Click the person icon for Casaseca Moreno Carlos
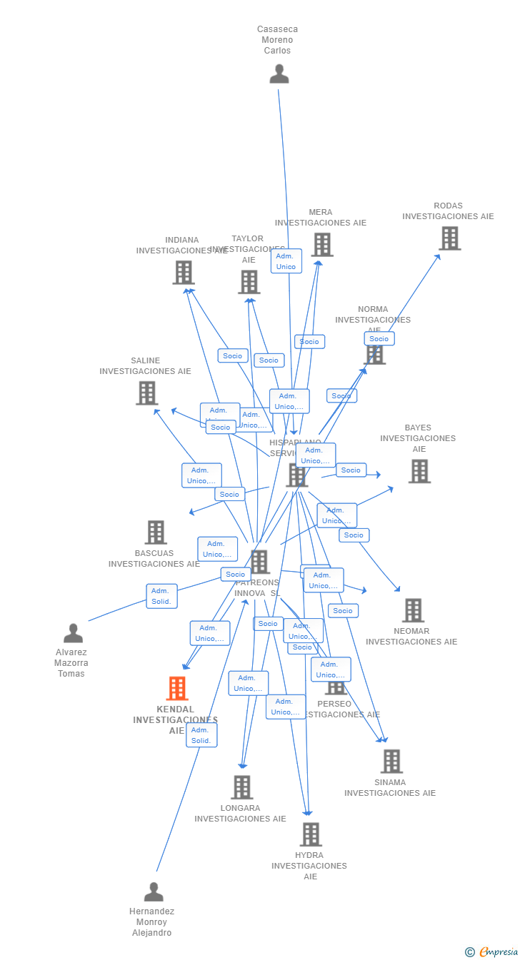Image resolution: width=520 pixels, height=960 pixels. [279, 74]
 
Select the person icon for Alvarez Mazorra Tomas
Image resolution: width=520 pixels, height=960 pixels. [73, 633]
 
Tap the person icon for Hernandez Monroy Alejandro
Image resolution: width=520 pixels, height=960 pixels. [154, 892]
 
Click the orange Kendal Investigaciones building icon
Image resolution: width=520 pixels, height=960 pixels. [177, 689]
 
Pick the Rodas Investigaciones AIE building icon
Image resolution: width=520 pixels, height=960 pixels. [449, 238]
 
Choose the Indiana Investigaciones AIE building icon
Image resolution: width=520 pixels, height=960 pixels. [184, 273]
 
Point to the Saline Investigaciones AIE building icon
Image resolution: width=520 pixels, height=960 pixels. [147, 393]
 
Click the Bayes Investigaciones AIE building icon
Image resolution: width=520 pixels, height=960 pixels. [419, 471]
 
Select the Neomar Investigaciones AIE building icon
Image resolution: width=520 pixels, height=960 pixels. [413, 610]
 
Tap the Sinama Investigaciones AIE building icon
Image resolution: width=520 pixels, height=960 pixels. [391, 762]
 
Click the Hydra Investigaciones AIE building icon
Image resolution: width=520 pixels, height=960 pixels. [311, 834]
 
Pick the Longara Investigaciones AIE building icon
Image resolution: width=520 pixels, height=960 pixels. [242, 787]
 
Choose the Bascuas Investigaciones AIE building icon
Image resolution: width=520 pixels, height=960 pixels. [156, 532]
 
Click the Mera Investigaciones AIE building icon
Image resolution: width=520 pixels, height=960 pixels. [322, 245]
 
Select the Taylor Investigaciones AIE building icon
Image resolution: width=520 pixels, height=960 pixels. [249, 282]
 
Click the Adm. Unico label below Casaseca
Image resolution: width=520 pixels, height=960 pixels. [286, 261]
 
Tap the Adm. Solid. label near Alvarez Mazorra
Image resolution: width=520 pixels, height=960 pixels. [161, 596]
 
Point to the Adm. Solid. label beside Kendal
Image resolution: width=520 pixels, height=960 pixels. [201, 735]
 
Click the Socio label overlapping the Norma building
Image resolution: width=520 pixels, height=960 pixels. [379, 339]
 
